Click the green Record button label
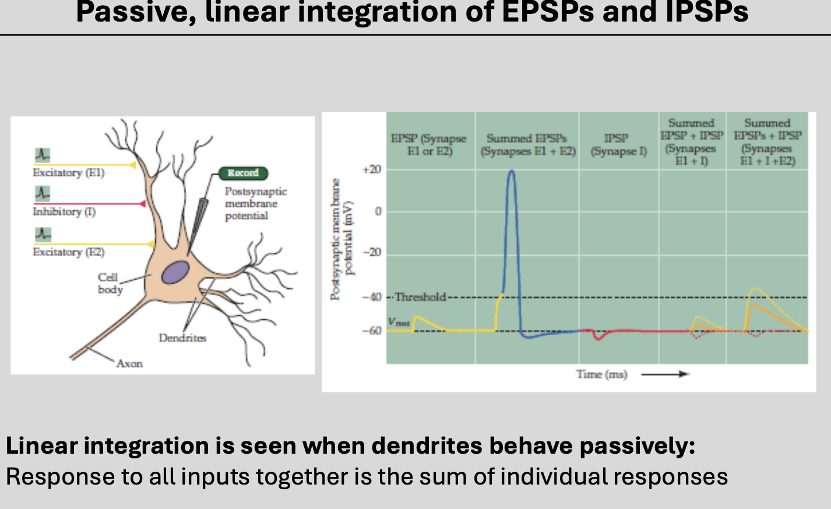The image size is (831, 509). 243,173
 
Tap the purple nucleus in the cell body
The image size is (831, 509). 175,272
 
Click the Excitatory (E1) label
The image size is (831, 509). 69,173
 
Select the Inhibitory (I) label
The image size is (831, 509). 64,212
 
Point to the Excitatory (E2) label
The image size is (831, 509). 69,252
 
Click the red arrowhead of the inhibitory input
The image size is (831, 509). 142,204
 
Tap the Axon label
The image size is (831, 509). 129,363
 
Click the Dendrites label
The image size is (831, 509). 182,338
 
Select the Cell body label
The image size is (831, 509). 110,284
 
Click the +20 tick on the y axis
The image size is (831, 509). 372,169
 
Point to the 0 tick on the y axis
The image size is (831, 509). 378,211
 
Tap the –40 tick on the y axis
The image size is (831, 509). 372,297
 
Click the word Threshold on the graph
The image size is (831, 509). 420,297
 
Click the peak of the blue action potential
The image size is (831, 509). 511,171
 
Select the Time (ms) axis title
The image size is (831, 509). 601,374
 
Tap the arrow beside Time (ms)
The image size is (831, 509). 665,374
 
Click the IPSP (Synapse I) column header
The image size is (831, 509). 618,145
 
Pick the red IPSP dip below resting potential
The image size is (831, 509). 597,338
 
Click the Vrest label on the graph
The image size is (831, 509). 399,322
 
